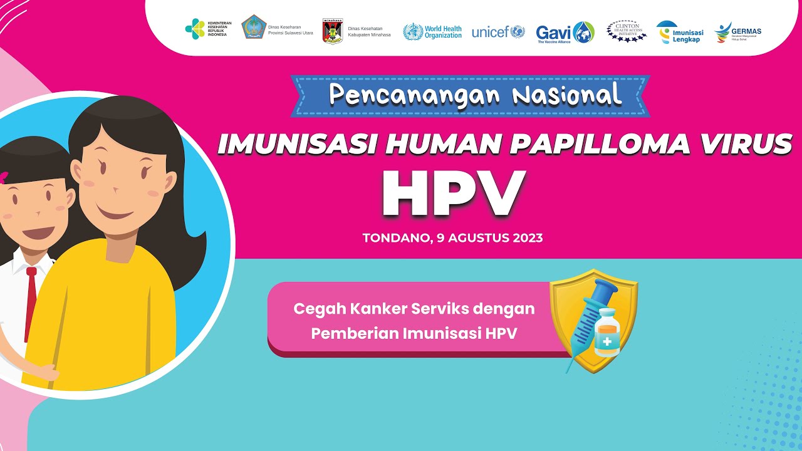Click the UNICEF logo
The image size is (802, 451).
point(498,32)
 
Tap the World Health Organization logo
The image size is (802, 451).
point(432,31)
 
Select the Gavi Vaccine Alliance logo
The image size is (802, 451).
point(565,32)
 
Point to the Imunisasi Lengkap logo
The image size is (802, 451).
point(679,32)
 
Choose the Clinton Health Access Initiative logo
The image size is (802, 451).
point(627,31)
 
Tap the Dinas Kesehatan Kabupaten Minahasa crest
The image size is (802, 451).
point(333,31)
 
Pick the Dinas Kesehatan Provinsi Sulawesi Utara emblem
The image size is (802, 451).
point(254,28)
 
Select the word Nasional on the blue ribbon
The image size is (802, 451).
point(567,95)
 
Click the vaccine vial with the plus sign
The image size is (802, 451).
point(607,333)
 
